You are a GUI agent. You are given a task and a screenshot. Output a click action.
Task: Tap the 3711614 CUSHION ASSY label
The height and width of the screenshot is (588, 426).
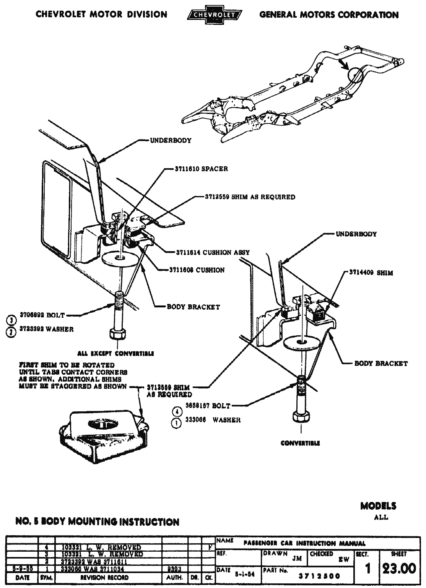pos(213,252)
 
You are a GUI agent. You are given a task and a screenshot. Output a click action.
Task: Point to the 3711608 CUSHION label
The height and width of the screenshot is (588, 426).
pos(197,270)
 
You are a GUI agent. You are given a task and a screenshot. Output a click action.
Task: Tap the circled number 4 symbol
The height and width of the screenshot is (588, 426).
pos(177,412)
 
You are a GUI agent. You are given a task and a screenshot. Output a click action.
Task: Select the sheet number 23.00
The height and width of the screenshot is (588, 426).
pos(399,569)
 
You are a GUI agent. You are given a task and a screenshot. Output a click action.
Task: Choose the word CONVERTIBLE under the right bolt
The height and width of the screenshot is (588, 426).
pos(300,443)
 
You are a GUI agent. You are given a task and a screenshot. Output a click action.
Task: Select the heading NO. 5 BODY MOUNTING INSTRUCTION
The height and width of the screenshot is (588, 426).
pos(97,522)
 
